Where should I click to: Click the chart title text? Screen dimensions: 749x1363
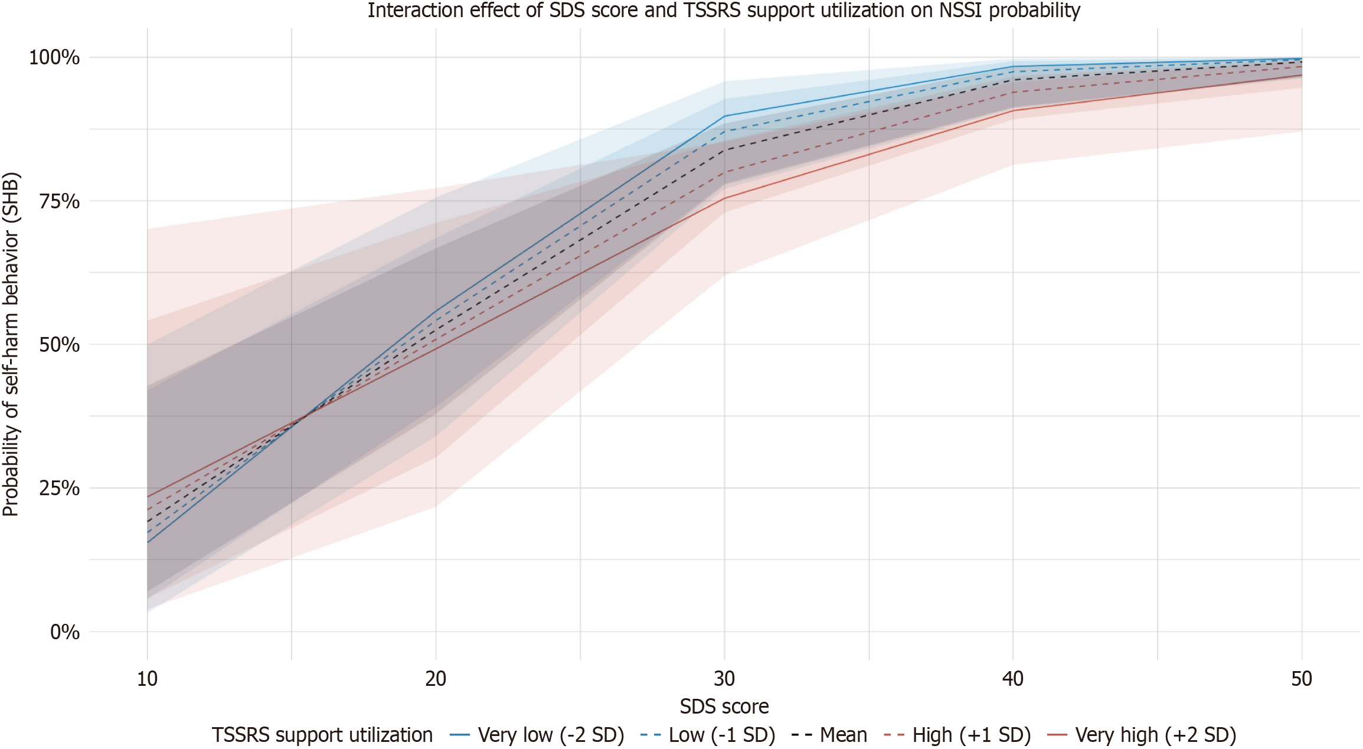pyautogui.click(x=724, y=11)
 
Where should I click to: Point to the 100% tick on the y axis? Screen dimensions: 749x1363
pyautogui.click(x=54, y=57)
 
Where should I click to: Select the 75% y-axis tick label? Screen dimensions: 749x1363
pyautogui.click(x=59, y=201)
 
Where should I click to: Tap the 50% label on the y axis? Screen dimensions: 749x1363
pyautogui.click(x=59, y=345)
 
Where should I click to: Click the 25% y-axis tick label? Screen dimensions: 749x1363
pyautogui.click(x=59, y=488)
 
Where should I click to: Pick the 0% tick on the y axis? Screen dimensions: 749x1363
pyautogui.click(x=64, y=632)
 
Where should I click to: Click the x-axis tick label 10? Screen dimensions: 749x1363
pyautogui.click(x=147, y=679)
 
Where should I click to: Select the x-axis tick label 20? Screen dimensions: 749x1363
pyautogui.click(x=436, y=679)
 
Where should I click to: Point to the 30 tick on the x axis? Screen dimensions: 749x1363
pyautogui.click(x=724, y=679)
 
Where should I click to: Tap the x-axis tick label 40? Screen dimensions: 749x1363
pyautogui.click(x=1013, y=679)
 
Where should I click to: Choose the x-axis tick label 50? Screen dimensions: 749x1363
pyautogui.click(x=1302, y=679)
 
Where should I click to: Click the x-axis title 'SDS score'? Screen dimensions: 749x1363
pyautogui.click(x=724, y=707)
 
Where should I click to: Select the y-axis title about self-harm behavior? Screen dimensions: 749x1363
pyautogui.click(x=11, y=344)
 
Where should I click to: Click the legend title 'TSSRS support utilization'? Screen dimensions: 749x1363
pyautogui.click(x=322, y=735)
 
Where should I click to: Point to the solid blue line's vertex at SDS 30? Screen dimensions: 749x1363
pyautogui.click(x=724, y=116)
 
